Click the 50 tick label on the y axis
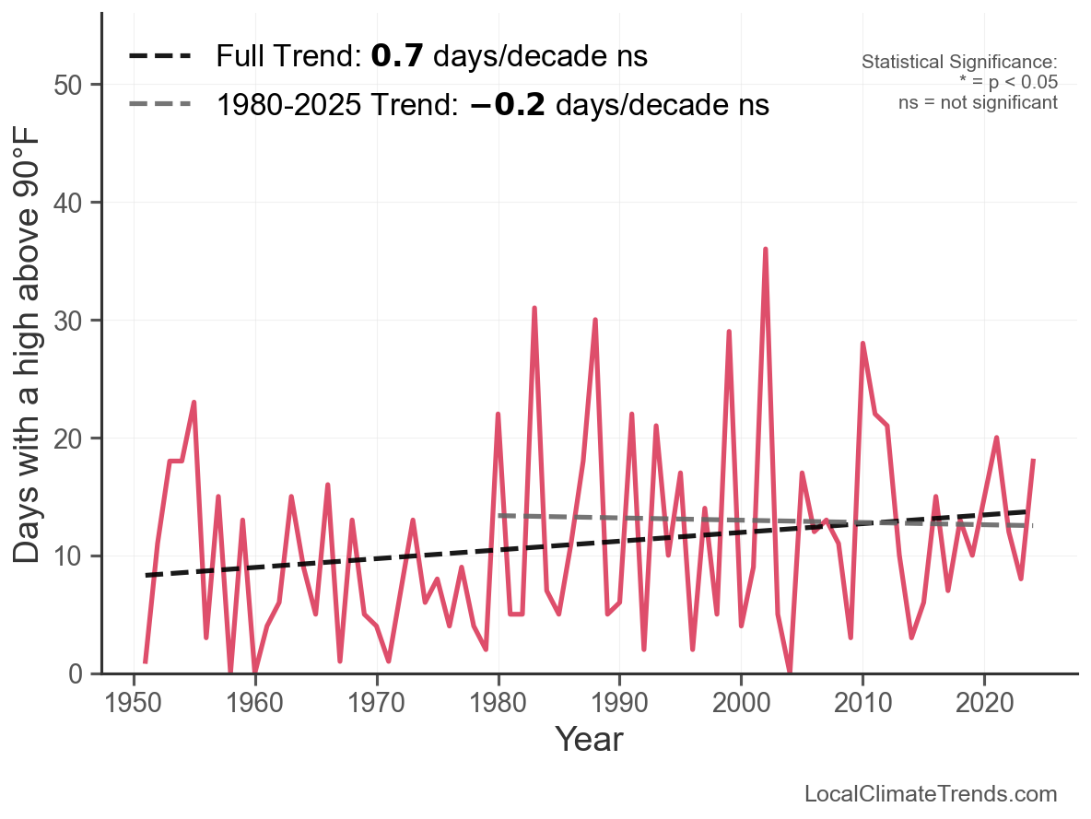pos(66,85)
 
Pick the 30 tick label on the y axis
pos(66,321)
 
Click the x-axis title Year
pos(589,739)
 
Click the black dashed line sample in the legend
pos(159,56)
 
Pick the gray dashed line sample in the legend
pos(159,104)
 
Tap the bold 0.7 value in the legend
pos(397,56)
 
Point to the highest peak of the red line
pos(765,250)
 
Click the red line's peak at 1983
pos(534,309)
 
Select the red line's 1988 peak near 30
pos(595,321)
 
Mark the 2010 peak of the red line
pos(862,344)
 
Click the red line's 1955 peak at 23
pos(194,403)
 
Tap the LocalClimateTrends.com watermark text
pos(931,794)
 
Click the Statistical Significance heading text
pos(959,63)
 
